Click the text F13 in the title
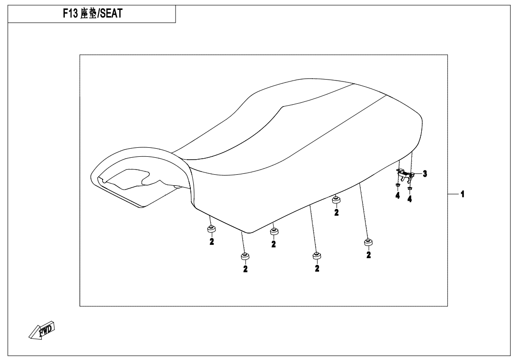coord(70,14)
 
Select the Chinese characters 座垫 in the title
coord(89,14)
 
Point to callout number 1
coord(463,194)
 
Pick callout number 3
coord(425,173)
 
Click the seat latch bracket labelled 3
coord(404,175)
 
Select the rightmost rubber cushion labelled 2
coord(368,243)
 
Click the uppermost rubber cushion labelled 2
coord(336,200)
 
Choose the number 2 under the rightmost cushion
coord(369,254)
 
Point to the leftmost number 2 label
coord(212,242)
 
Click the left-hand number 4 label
coord(398,196)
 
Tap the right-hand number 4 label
coord(409,199)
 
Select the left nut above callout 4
coord(397,185)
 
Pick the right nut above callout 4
coord(409,189)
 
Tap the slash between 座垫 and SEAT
coord(98,14)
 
